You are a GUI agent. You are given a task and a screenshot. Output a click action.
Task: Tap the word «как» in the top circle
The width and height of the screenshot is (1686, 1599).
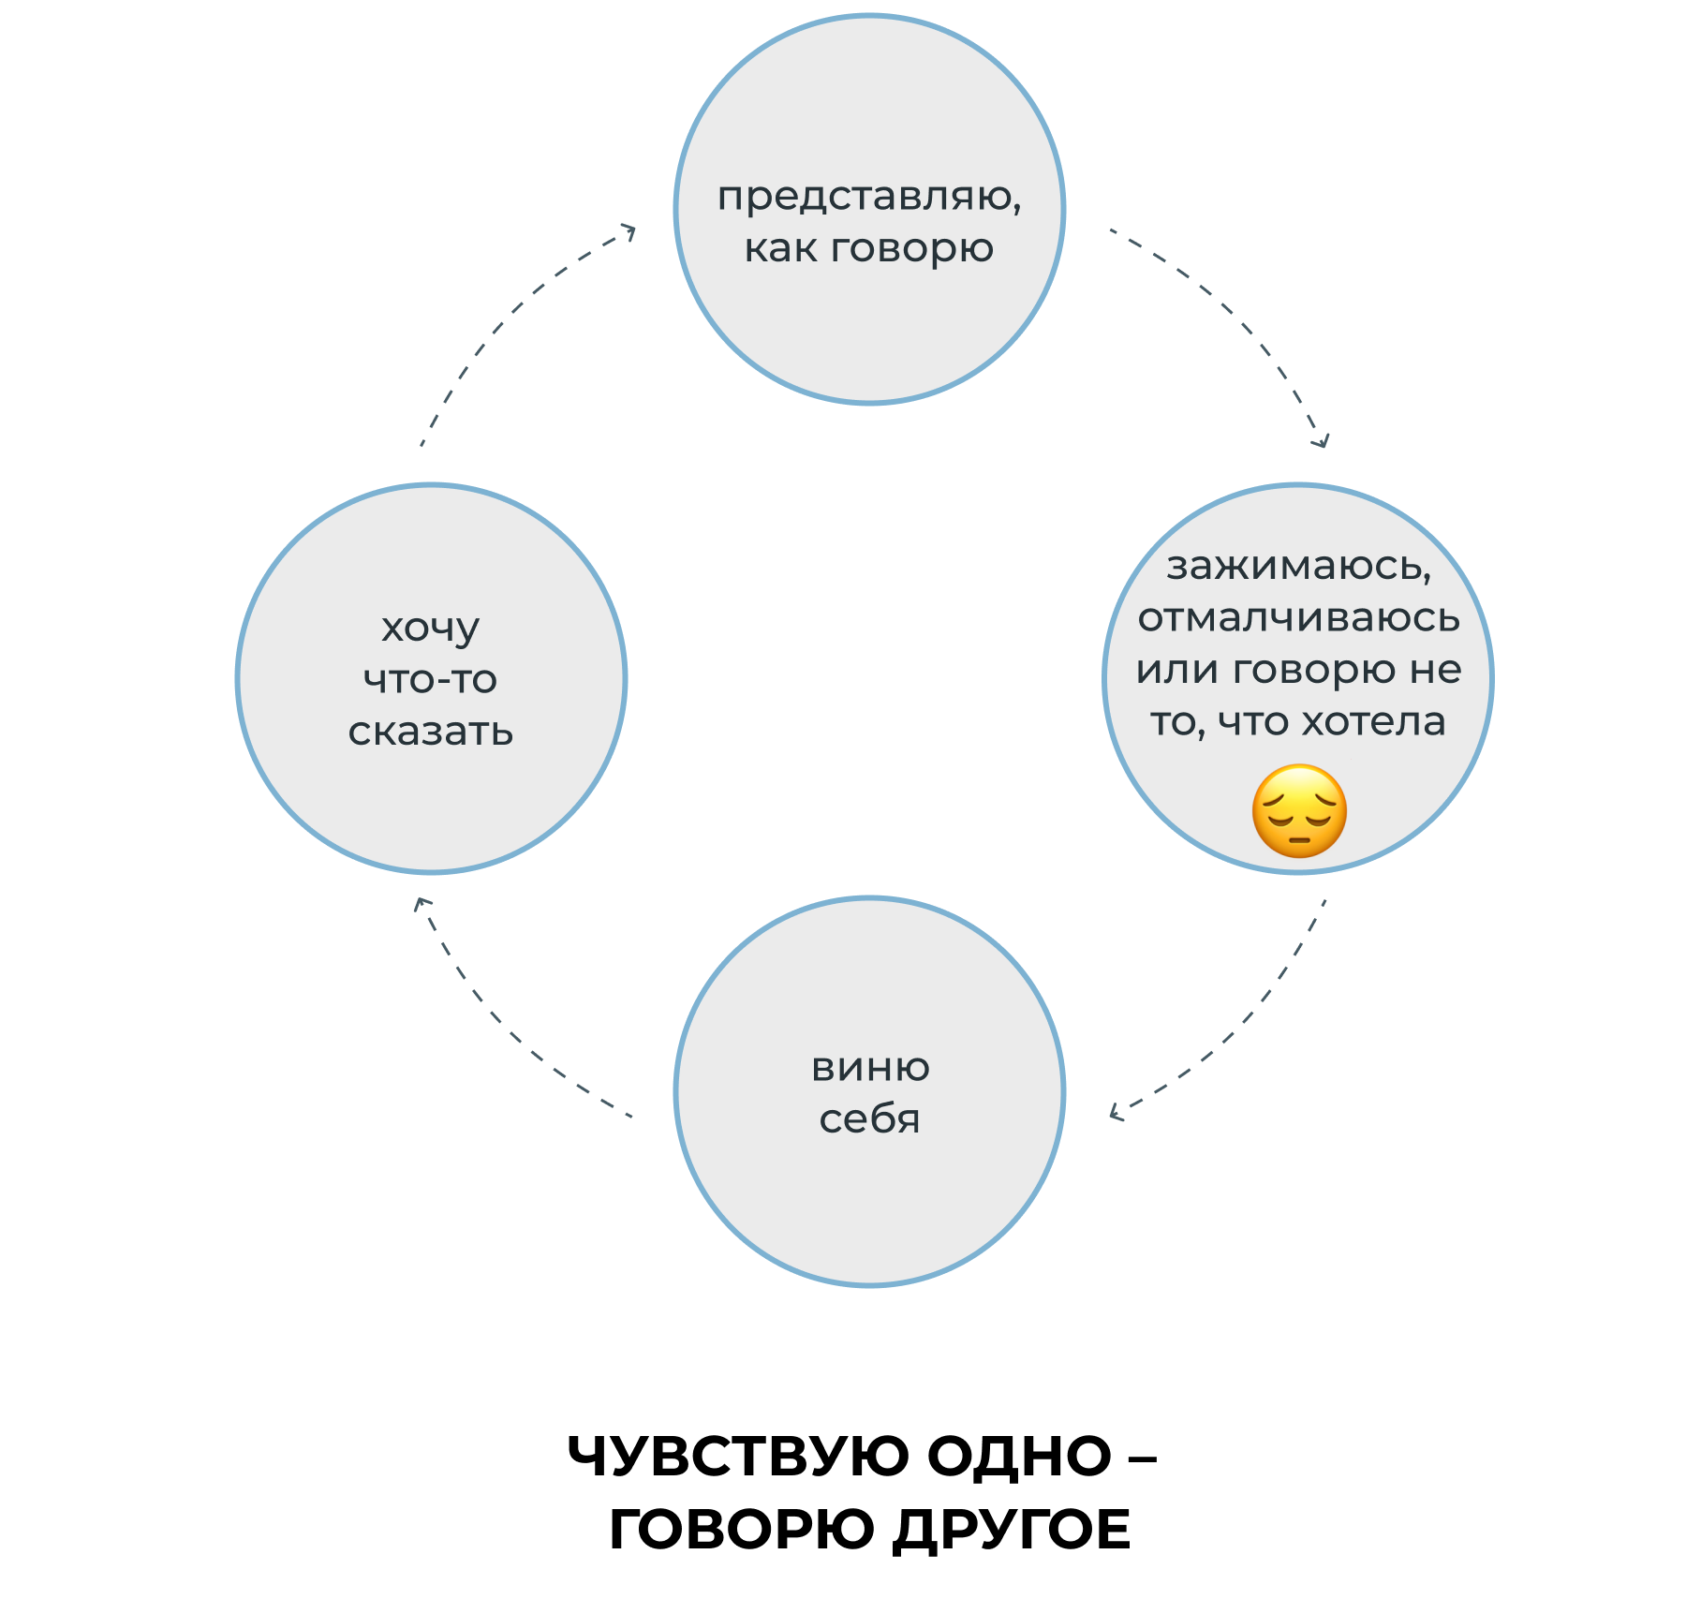(779, 249)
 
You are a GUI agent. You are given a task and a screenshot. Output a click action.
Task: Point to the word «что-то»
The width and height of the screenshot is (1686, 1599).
(431, 680)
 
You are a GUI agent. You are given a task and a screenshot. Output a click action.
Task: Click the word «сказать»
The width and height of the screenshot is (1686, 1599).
(431, 733)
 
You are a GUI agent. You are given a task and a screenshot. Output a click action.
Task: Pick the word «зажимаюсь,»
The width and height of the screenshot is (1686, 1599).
(1299, 568)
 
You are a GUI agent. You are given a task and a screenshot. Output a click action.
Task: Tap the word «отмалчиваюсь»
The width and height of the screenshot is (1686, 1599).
(1299, 618)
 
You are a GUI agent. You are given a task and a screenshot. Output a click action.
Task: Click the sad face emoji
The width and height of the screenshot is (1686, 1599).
(1299, 811)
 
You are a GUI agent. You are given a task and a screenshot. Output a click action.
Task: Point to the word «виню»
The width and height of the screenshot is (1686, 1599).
(870, 1068)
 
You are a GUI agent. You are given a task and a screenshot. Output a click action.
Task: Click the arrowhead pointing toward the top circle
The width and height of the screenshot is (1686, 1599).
(629, 230)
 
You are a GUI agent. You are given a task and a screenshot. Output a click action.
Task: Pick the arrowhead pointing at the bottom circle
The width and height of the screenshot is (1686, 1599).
(1115, 1112)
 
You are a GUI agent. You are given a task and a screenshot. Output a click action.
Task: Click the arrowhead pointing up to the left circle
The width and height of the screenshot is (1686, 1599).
(421, 903)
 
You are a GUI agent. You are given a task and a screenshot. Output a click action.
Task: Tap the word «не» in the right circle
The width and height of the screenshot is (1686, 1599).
(1437, 671)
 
